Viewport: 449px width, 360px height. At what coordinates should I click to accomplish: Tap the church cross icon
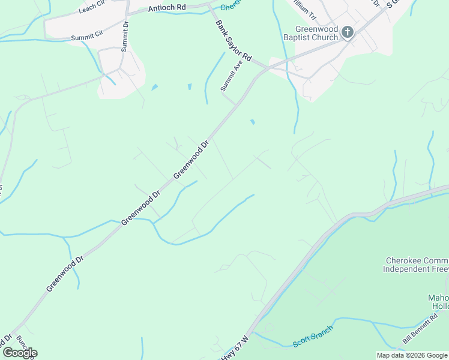pos(347,32)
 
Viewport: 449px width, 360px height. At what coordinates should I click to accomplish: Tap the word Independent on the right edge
pos(409,269)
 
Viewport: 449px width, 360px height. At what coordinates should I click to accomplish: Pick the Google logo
pos(19,353)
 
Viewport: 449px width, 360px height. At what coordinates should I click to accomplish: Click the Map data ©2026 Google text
pos(411,355)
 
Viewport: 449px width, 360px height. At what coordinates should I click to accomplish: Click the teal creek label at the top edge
pos(231,5)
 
